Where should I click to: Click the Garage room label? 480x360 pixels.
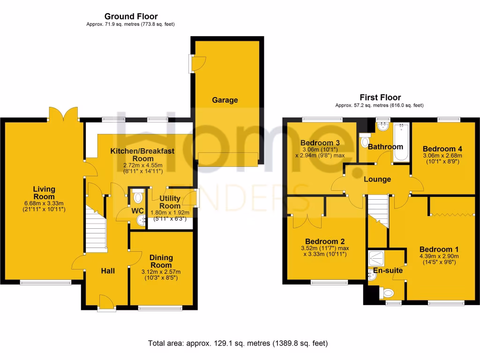point(225,100)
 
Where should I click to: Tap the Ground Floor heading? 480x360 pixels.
point(131,16)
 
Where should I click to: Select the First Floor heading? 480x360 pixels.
point(380,97)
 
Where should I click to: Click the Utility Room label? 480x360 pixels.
point(170,202)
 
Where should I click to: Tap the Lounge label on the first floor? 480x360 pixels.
point(377,179)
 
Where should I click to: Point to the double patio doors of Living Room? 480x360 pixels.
point(63,114)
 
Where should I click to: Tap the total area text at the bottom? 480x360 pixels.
point(238,343)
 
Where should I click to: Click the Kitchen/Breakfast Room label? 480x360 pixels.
point(142,155)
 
